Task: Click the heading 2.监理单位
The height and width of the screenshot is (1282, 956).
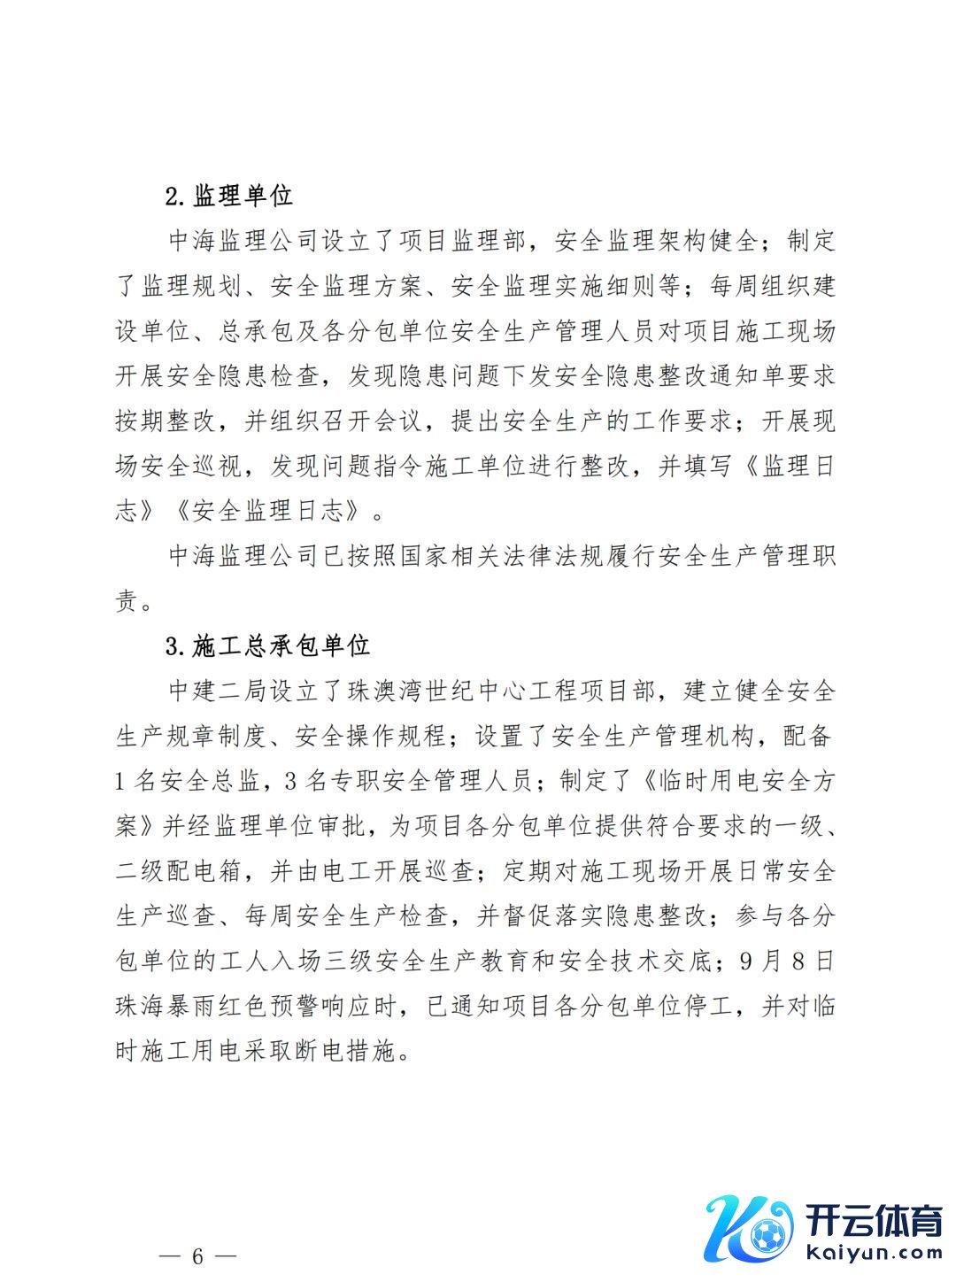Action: pyautogui.click(x=229, y=196)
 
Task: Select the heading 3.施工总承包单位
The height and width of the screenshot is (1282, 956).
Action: pyautogui.click(x=268, y=645)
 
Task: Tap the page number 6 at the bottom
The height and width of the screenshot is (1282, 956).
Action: pyautogui.click(x=197, y=1256)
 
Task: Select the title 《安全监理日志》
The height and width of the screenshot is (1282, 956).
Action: pyautogui.click(x=267, y=511)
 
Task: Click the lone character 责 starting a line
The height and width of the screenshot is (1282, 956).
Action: pyautogui.click(x=127, y=601)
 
